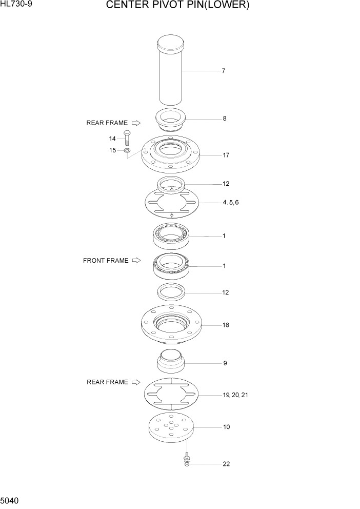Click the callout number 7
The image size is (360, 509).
coord(223,71)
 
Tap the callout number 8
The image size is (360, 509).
coord(224,119)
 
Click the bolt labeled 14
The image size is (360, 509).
coord(127,139)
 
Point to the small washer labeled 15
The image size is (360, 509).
coord(127,151)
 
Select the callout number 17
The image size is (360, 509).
coord(226,155)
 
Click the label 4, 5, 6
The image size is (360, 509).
coord(230,203)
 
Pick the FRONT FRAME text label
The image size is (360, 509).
coord(106,261)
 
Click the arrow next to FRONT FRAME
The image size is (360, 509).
coord(136,261)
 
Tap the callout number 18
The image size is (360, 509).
coord(226,325)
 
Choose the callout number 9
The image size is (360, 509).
coord(225,363)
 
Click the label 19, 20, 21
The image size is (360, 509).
coord(236,395)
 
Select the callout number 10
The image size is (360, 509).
coord(226,427)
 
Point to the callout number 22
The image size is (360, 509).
coord(226,464)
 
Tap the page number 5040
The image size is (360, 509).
coord(10,500)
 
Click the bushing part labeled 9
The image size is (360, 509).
coord(170,361)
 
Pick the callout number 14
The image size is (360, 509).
coord(112,139)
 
